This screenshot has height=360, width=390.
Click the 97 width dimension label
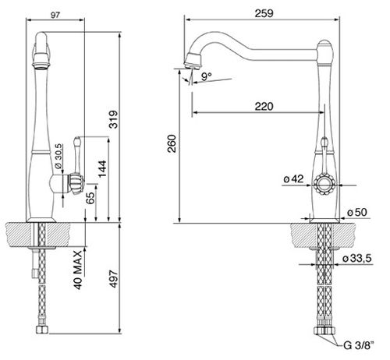coord(55,15)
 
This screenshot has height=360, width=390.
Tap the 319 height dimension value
coord(114,119)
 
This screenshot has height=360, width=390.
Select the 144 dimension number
coord(102,169)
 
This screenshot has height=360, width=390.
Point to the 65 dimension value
coord(90,199)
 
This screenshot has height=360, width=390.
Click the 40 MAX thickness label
coord(78,270)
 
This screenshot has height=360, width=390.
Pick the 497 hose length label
coord(113,279)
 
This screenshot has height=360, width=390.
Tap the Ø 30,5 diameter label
coord(58,156)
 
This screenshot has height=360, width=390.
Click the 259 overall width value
coord(264,13)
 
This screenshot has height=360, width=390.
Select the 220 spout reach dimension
coord(264,107)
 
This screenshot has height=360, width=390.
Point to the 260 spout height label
coord(172,143)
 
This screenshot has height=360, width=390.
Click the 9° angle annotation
coord(207,76)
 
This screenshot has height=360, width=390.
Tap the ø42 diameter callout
coord(293,178)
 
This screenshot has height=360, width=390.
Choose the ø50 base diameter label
coord(357,212)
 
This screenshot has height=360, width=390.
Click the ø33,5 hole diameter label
coord(357,258)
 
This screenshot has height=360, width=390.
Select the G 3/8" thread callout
coord(359,345)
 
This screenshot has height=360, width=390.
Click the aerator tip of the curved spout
coord(193,61)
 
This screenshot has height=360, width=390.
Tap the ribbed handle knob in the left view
coord(76,184)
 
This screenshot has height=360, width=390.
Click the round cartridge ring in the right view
coord(324,185)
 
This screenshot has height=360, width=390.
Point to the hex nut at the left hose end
coord(42,330)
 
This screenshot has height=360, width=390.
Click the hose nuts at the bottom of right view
coord(324,330)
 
